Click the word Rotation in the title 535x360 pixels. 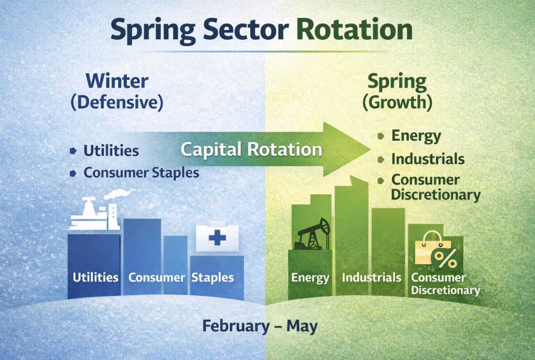point(355,29)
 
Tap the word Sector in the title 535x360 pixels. point(246,29)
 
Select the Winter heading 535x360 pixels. point(116,81)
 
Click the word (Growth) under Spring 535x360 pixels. point(397,102)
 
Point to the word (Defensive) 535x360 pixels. point(116,102)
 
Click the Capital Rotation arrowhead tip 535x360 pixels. point(371,149)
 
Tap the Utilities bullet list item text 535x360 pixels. point(111,151)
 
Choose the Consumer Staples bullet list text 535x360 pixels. point(141,172)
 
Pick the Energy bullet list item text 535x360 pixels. point(416,136)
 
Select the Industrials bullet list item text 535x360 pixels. point(428,159)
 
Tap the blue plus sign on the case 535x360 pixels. point(217,237)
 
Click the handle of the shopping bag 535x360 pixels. point(432,236)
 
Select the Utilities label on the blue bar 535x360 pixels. point(96,277)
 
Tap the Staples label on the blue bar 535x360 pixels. point(213,277)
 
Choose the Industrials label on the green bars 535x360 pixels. point(372,277)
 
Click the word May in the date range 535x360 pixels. point(302,326)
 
